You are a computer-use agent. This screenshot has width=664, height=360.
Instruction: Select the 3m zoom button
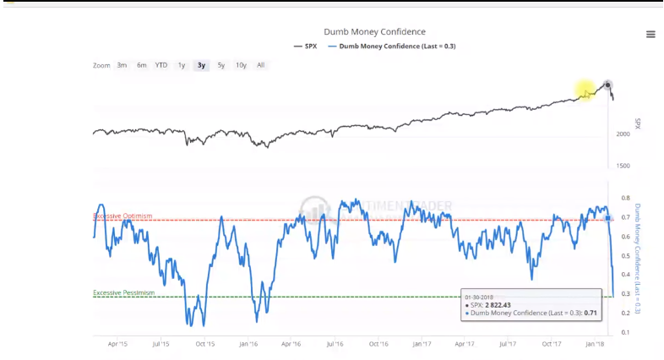(x=122, y=65)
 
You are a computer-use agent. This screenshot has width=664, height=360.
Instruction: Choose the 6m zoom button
(x=141, y=65)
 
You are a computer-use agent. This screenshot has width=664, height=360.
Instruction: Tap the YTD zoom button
(x=161, y=65)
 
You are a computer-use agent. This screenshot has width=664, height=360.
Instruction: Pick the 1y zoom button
(x=181, y=65)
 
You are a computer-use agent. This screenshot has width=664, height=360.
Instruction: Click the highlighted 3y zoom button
(x=201, y=65)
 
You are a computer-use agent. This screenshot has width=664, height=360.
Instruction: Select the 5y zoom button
(x=220, y=65)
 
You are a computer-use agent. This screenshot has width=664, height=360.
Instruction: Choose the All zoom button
(x=260, y=65)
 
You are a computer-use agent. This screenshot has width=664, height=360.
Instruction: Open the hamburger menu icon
(x=650, y=34)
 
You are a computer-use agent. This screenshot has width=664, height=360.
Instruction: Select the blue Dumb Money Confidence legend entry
(x=397, y=46)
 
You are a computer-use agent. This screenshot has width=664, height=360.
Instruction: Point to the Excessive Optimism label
(x=122, y=216)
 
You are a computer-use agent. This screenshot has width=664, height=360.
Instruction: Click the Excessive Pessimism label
(x=123, y=292)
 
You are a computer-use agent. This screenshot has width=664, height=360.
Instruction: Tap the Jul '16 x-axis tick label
(x=335, y=344)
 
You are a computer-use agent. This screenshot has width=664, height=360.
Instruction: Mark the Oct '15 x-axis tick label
(x=204, y=344)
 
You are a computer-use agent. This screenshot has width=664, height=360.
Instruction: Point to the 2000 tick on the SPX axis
(x=623, y=134)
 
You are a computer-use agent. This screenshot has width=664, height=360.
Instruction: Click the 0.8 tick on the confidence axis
(x=625, y=199)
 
